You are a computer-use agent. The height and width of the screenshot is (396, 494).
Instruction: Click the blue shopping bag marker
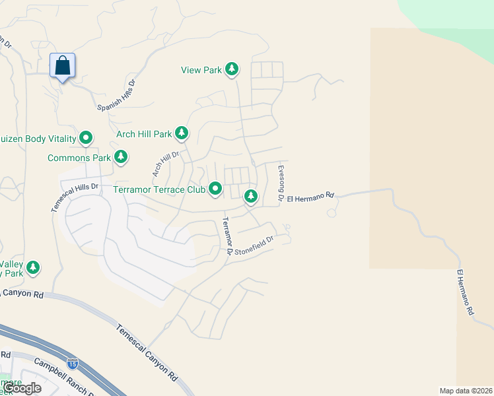click(63, 66)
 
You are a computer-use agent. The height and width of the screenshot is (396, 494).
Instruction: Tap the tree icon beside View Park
click(232, 69)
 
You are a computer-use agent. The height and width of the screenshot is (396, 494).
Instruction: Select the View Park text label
click(201, 69)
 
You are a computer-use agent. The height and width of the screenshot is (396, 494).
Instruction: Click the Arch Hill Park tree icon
click(182, 134)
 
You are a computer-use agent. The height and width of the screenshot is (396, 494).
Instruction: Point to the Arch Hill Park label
click(144, 134)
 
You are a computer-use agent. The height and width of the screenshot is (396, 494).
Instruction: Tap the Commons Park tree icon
click(120, 157)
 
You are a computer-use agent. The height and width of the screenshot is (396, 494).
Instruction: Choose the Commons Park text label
click(79, 158)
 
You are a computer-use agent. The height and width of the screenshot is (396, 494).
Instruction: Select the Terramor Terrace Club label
click(160, 189)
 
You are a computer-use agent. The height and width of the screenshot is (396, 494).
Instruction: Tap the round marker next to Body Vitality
click(86, 138)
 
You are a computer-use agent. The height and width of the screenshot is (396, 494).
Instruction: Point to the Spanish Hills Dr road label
click(116, 96)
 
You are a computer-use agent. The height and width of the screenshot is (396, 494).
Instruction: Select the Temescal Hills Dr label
click(75, 197)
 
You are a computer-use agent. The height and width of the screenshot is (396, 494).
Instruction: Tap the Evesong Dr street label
click(281, 183)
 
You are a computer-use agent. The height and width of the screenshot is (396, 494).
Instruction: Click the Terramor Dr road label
click(227, 236)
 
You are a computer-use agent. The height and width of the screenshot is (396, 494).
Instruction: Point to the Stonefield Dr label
click(252, 246)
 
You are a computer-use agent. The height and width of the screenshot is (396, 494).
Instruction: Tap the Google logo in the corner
click(22, 388)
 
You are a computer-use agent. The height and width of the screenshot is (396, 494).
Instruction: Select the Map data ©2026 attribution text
click(466, 391)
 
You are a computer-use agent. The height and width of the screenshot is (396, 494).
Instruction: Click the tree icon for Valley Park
click(32, 268)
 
